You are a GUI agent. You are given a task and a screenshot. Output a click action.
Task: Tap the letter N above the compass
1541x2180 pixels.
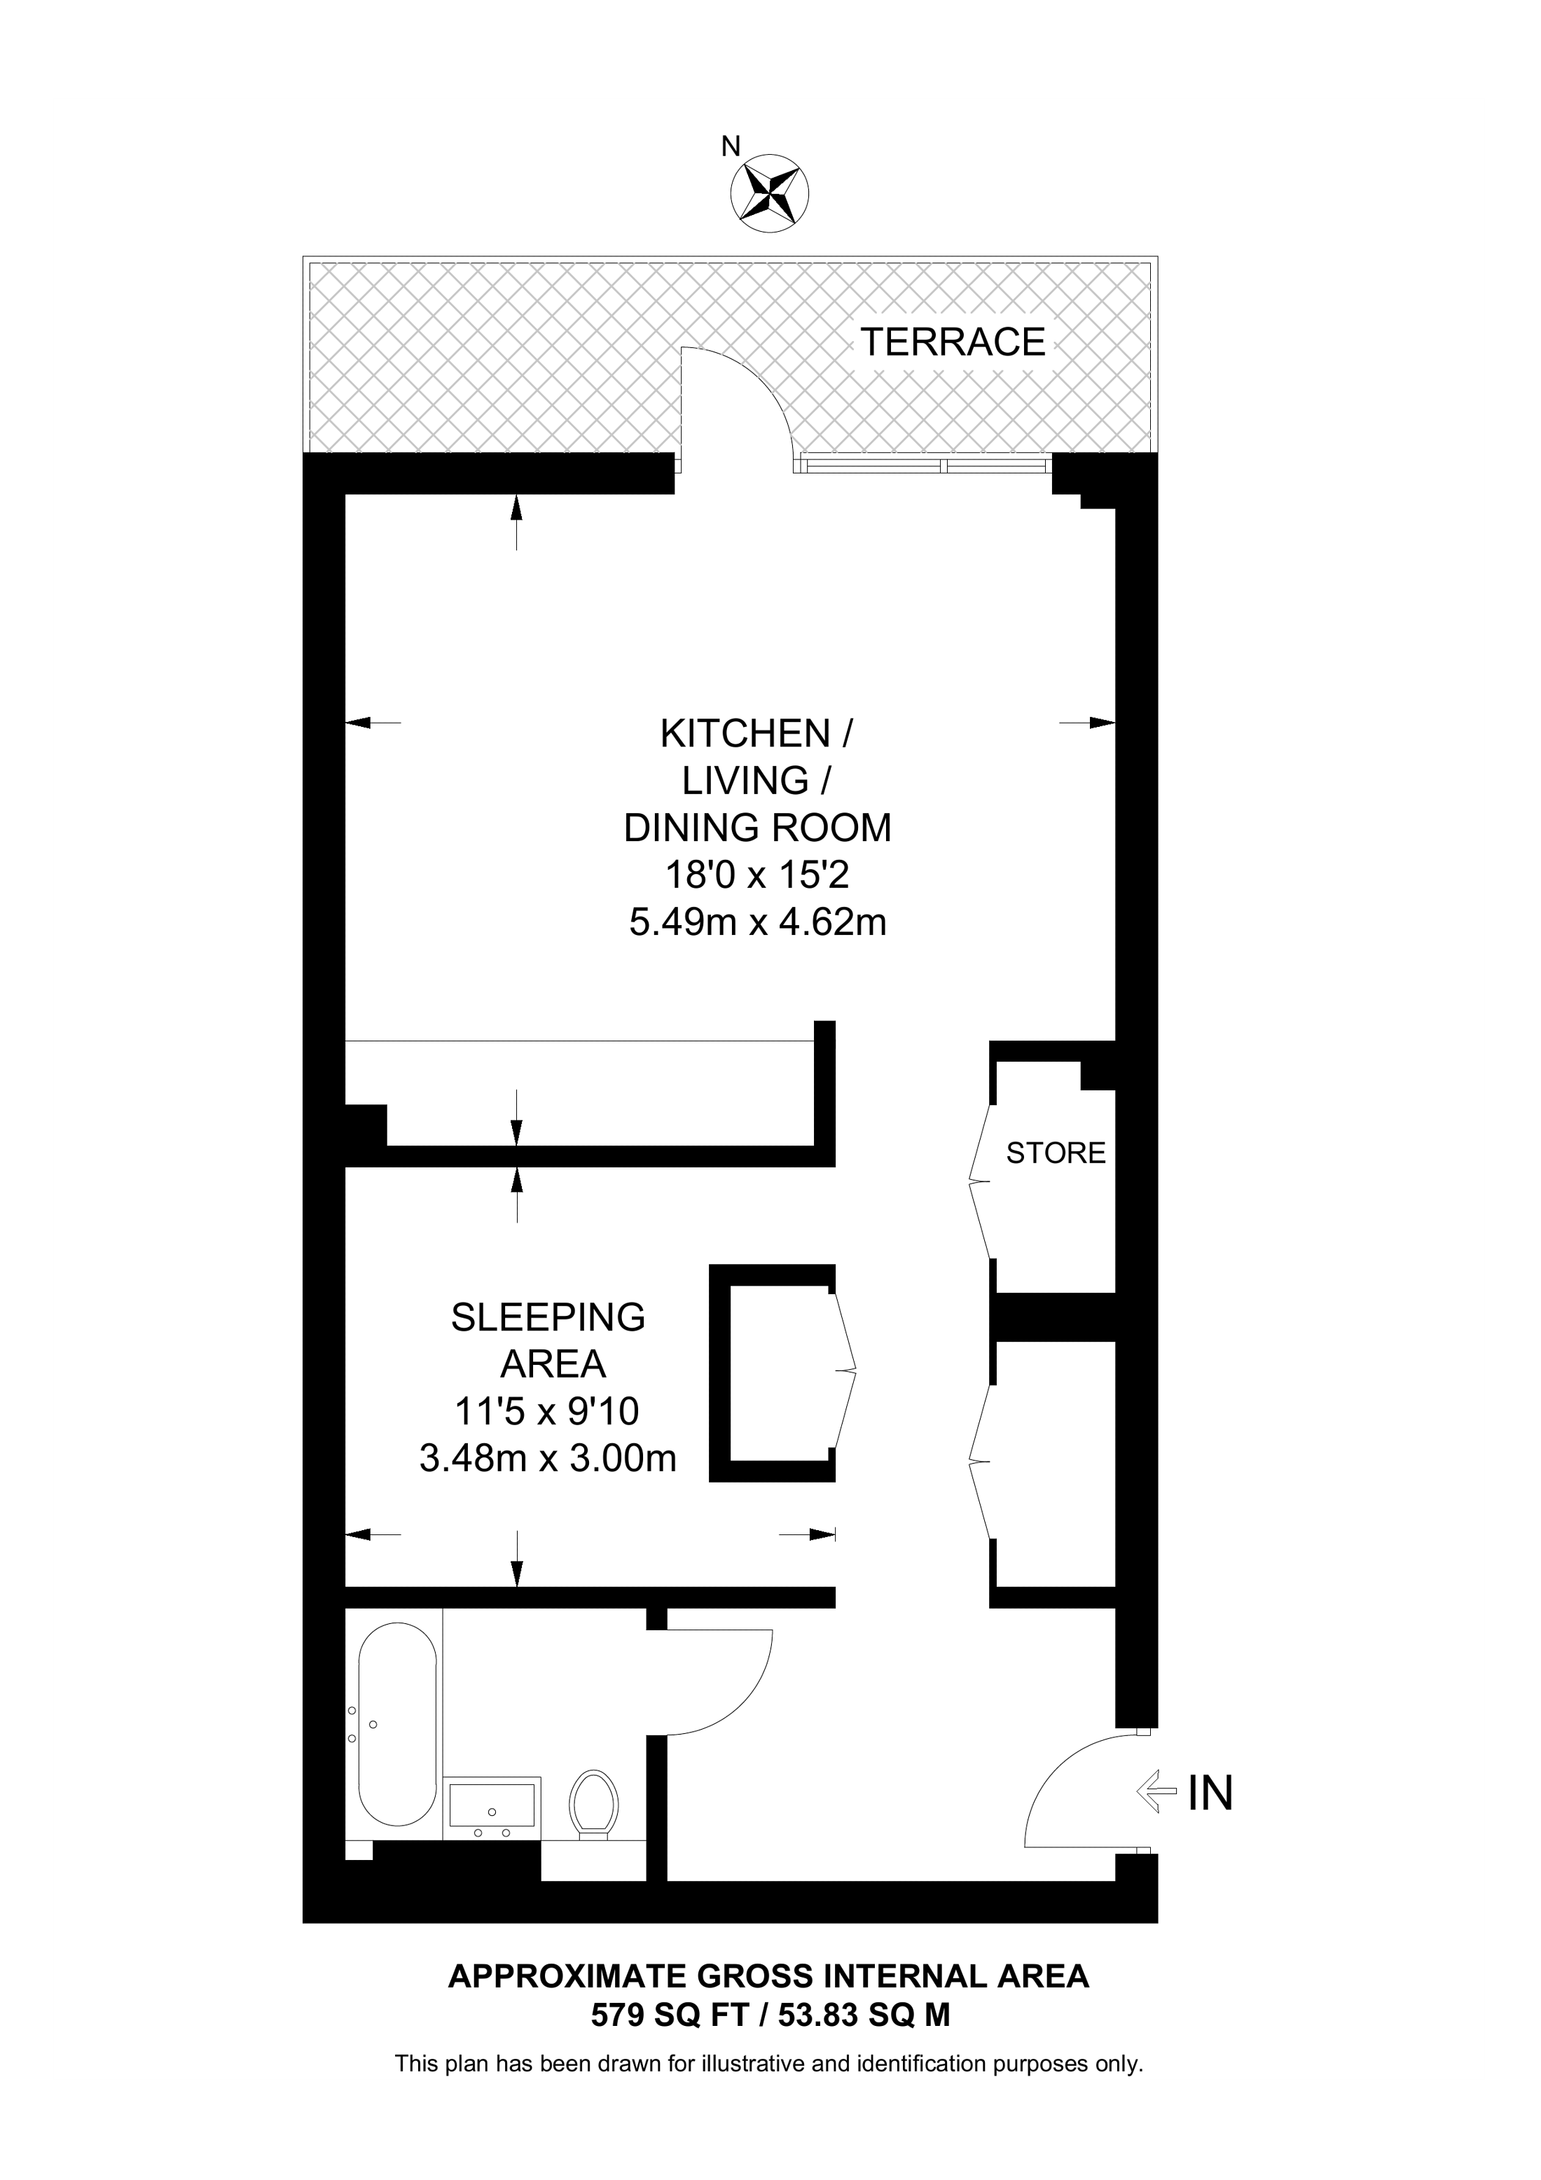pos(730,146)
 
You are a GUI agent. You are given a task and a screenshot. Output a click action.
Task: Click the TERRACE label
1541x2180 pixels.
pos(953,342)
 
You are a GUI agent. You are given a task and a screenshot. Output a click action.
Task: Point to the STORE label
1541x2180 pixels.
pos(1056,1153)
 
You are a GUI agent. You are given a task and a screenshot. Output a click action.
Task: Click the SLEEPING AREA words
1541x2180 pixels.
pos(548,1340)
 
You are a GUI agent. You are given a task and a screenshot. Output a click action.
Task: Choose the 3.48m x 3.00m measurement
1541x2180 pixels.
pos(548,1457)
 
